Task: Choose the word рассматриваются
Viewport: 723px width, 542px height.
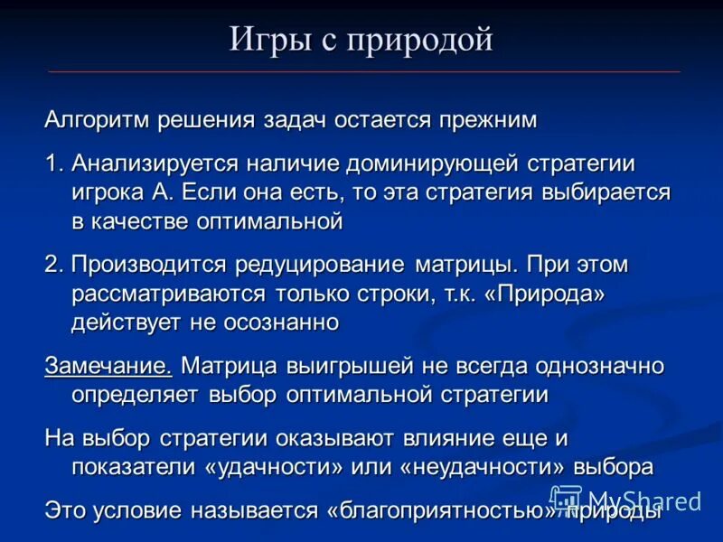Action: (168, 294)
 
